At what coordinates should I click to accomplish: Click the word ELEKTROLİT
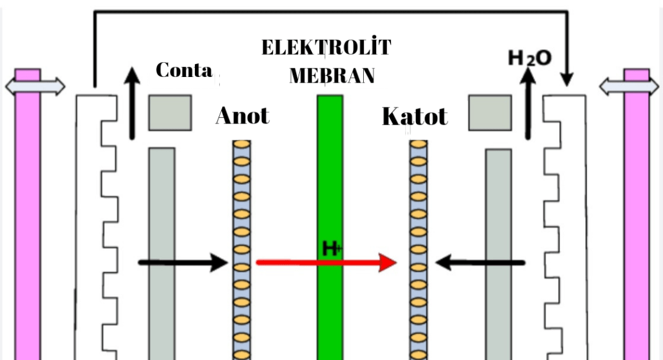pyautogui.click(x=327, y=48)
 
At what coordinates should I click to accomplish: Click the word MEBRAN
pyautogui.click(x=332, y=75)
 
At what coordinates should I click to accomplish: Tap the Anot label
pyautogui.click(x=243, y=115)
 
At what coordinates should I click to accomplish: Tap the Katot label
pyautogui.click(x=415, y=116)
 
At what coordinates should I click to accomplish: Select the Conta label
pyautogui.click(x=184, y=70)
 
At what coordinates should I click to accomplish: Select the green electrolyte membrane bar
pyautogui.click(x=330, y=186)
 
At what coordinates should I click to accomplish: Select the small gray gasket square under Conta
pyautogui.click(x=169, y=112)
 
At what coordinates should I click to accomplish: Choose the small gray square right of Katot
pyautogui.click(x=490, y=112)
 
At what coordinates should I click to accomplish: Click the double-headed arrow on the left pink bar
pyautogui.click(x=35, y=86)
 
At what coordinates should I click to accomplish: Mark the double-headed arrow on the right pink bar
pyautogui.click(x=629, y=86)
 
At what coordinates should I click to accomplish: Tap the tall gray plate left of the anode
pyautogui.click(x=161, y=248)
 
